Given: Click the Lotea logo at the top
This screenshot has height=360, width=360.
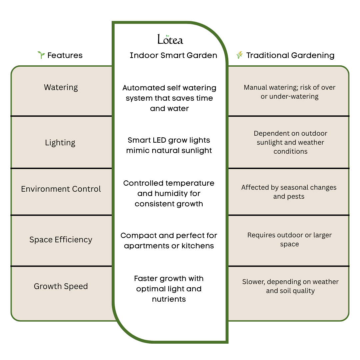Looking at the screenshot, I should tap(170, 39).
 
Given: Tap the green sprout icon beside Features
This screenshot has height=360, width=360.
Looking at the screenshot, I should tap(41, 55).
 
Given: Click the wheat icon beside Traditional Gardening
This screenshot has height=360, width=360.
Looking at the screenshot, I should tap(239, 55).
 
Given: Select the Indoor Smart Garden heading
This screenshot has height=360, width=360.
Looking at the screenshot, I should tap(173, 55).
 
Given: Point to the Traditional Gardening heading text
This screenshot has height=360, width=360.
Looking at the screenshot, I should tap(290, 55).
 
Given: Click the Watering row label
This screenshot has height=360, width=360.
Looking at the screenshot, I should tap(61, 87).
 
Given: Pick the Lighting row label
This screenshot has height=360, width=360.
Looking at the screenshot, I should tap(60, 143).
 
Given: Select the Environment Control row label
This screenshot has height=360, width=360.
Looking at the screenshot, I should tap(61, 189).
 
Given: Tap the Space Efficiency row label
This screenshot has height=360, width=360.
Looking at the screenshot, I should tap(61, 240).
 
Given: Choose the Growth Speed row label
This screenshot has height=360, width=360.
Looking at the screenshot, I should tap(61, 286).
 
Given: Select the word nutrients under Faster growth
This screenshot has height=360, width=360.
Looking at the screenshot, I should tap(169, 299).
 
